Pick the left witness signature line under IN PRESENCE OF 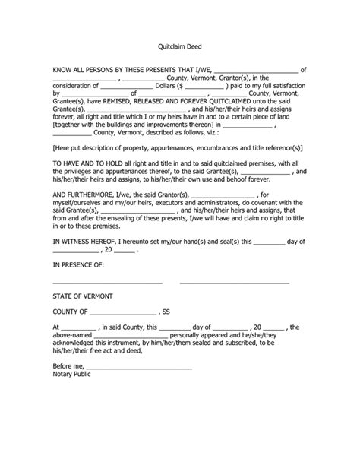click(x=108, y=283)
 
